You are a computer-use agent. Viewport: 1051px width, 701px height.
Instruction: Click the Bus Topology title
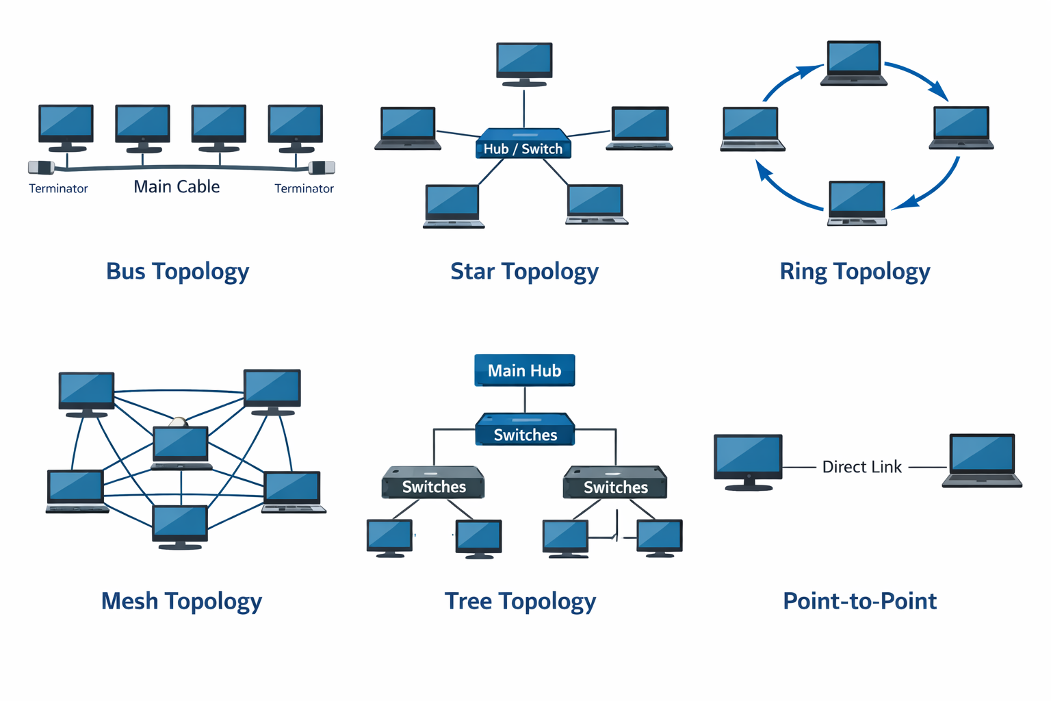click(177, 272)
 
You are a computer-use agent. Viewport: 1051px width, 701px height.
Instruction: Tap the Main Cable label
click(177, 187)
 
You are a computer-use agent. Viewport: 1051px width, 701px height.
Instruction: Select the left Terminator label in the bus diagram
click(58, 189)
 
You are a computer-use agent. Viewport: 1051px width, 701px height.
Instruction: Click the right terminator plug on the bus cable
click(322, 168)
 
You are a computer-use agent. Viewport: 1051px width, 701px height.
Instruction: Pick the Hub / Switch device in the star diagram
click(523, 144)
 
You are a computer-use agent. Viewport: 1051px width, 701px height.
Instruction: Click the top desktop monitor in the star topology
click(524, 64)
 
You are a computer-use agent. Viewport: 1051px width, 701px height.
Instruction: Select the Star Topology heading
click(524, 272)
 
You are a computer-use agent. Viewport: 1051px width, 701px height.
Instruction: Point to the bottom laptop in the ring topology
click(857, 203)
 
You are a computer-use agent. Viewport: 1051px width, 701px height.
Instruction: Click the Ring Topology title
click(855, 272)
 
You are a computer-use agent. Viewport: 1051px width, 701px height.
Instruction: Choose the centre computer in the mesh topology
click(181, 447)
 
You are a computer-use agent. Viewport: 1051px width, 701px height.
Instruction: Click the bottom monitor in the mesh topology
click(180, 526)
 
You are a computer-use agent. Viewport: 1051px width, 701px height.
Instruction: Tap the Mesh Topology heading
click(181, 601)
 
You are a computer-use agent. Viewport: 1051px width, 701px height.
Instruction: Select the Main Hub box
click(525, 370)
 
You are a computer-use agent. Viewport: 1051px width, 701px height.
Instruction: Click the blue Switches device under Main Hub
click(525, 430)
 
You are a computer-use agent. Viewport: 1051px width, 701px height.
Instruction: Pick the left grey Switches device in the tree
click(433, 483)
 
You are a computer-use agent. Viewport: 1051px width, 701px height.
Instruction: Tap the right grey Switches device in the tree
click(615, 483)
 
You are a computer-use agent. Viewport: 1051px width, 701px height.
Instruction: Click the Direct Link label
click(861, 467)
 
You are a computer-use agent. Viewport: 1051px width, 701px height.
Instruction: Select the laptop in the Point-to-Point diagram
click(982, 460)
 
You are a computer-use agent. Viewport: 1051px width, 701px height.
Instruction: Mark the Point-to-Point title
click(859, 601)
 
